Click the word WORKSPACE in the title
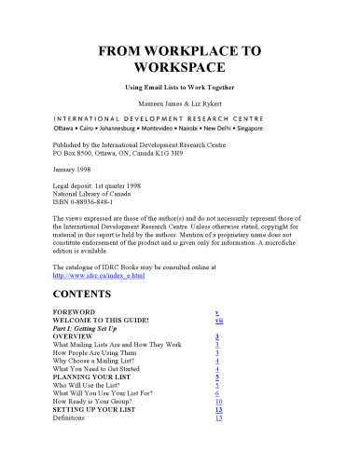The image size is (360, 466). pos(180,68)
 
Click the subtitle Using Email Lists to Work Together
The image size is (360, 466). pos(180,86)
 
